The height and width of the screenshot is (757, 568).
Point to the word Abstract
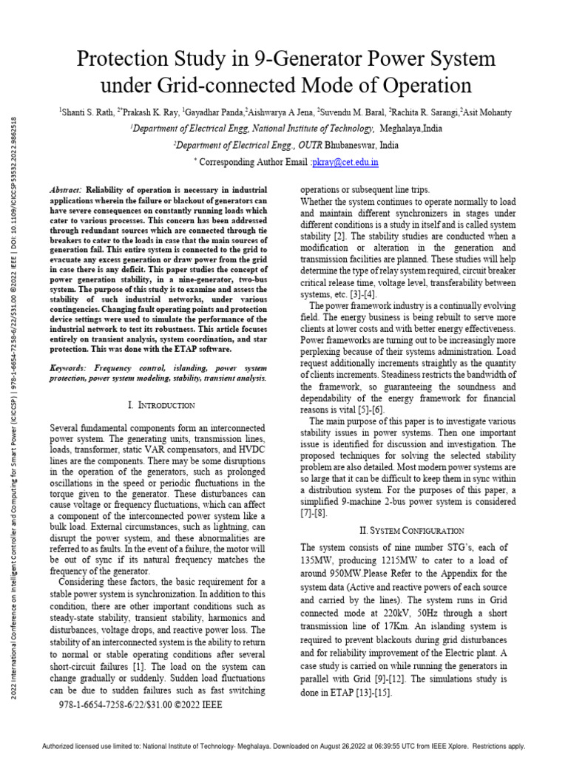pyautogui.click(x=66, y=190)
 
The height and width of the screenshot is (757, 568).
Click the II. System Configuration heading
pyautogui.click(x=411, y=531)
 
